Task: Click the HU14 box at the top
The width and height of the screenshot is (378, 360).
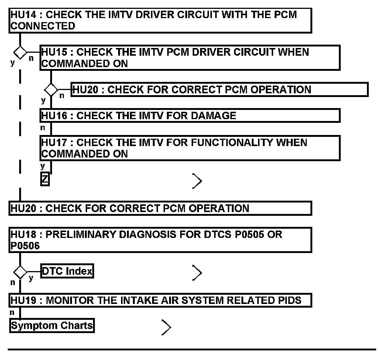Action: [160, 21]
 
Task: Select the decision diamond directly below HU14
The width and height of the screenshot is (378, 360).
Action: [20, 52]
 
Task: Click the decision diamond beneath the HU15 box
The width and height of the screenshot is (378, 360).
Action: [51, 90]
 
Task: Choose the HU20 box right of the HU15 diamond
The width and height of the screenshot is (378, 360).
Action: [219, 90]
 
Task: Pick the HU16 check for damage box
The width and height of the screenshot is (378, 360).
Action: [190, 115]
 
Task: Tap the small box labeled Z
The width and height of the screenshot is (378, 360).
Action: [45, 180]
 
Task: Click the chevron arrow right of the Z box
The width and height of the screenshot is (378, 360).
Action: [197, 181]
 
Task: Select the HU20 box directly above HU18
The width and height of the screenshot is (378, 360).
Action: [160, 208]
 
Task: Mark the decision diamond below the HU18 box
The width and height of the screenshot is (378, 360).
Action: [20, 272]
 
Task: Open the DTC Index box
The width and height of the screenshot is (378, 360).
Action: [67, 272]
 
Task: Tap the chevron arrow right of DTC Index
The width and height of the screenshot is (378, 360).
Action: [197, 273]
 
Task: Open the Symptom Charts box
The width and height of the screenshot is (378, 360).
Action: [52, 326]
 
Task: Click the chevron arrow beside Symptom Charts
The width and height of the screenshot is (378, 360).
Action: [166, 327]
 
